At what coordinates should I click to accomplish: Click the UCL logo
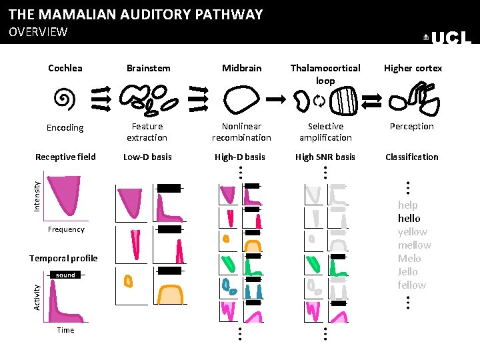(x=447, y=38)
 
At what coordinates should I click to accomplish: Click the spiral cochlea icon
(x=64, y=99)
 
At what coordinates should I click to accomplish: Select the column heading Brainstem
(x=148, y=68)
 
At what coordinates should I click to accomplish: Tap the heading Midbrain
(x=242, y=68)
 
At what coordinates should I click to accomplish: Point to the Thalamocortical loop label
(x=325, y=74)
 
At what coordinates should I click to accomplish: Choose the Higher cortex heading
(x=413, y=68)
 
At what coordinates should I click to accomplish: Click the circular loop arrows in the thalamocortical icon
(x=318, y=101)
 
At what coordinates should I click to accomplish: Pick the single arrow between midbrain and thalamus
(x=275, y=99)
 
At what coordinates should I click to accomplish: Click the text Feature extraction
(x=147, y=131)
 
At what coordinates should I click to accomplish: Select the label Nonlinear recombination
(x=241, y=131)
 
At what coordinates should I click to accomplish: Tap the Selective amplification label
(x=325, y=131)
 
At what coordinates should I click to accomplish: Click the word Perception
(x=412, y=126)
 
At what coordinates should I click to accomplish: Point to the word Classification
(x=412, y=157)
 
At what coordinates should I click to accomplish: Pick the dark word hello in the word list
(x=409, y=218)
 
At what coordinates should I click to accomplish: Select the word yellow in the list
(x=413, y=231)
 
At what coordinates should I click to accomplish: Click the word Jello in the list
(x=408, y=271)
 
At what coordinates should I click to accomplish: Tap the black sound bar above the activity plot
(x=65, y=275)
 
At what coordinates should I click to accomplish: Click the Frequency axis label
(x=66, y=229)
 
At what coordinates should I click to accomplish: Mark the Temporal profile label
(x=63, y=258)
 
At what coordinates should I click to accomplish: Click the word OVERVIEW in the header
(x=38, y=31)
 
